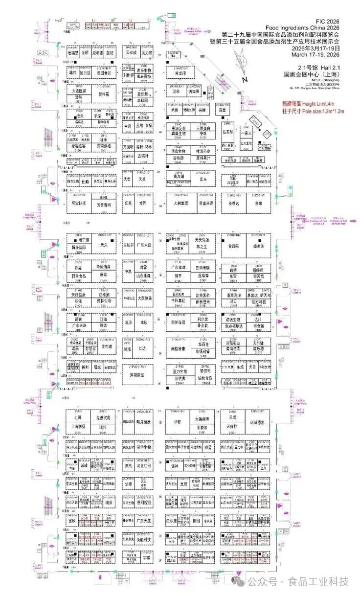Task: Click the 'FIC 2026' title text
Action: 327,22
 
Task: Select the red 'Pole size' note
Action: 314,112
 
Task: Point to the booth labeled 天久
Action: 103,244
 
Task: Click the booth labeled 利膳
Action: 259,203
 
